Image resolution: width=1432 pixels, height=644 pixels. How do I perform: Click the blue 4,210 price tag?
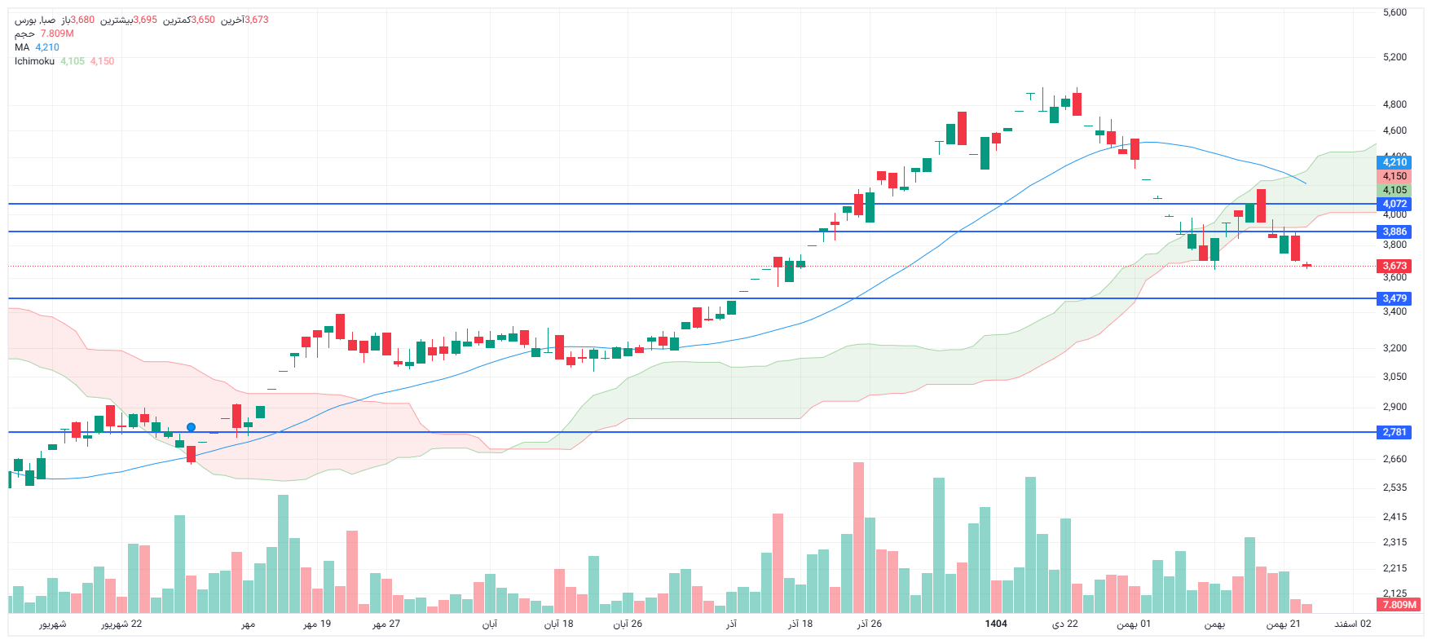pyautogui.click(x=1395, y=162)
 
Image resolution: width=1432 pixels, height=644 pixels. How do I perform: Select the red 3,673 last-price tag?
pyautogui.click(x=1395, y=266)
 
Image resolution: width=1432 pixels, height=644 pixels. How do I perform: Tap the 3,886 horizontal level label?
pyautogui.click(x=1395, y=232)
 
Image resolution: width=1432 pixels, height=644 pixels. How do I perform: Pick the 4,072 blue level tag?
pyautogui.click(x=1395, y=204)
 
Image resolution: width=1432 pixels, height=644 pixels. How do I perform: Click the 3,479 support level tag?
pyautogui.click(x=1395, y=298)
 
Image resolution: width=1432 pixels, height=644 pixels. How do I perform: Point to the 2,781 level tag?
pyautogui.click(x=1395, y=432)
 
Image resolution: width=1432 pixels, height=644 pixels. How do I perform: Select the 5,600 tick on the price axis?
pyautogui.click(x=1395, y=12)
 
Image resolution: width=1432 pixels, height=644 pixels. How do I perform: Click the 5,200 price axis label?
pyautogui.click(x=1395, y=57)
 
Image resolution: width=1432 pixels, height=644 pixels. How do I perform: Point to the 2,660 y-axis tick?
pyautogui.click(x=1395, y=459)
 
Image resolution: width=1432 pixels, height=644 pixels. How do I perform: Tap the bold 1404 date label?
pyautogui.click(x=996, y=624)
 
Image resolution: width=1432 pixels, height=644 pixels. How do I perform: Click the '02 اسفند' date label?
pyautogui.click(x=1352, y=624)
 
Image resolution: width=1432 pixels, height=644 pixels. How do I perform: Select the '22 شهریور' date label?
pyautogui.click(x=121, y=624)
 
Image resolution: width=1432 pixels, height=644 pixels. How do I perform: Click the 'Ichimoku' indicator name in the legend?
pyautogui.click(x=34, y=61)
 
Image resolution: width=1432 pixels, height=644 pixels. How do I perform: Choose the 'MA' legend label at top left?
pyautogui.click(x=22, y=47)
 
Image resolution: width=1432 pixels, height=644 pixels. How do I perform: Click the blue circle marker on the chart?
pyautogui.click(x=191, y=427)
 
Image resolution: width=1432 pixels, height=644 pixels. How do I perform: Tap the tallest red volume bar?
pyautogui.click(x=858, y=538)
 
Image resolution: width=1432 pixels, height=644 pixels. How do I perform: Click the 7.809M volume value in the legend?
pyautogui.click(x=57, y=33)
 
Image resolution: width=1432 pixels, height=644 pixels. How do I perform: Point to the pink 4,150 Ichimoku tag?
pyautogui.click(x=1395, y=176)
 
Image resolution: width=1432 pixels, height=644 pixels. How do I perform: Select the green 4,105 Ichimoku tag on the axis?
pyautogui.click(x=1395, y=190)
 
